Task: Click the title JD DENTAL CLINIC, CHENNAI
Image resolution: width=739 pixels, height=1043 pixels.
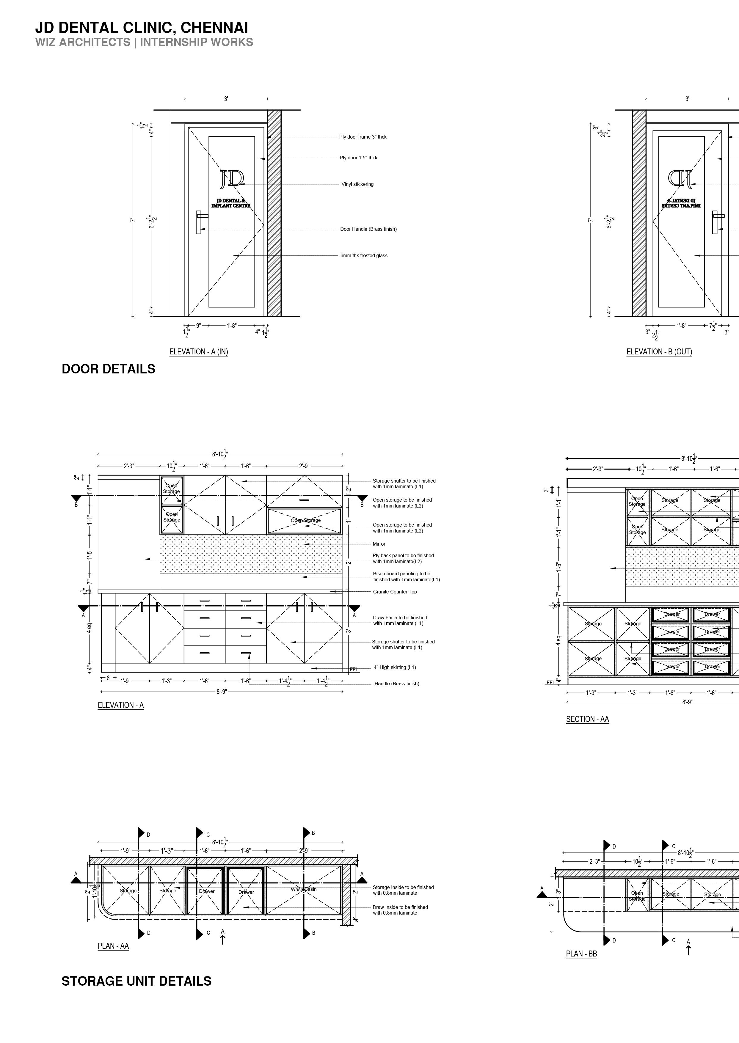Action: [142, 28]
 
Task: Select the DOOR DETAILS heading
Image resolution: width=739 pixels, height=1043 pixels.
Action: [108, 369]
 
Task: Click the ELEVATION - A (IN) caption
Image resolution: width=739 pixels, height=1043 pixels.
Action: [198, 352]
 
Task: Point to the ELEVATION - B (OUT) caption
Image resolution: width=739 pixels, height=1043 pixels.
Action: [659, 352]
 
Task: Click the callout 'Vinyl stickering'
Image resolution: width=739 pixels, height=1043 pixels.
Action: [357, 184]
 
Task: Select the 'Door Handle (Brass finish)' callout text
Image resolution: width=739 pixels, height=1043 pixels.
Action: [368, 229]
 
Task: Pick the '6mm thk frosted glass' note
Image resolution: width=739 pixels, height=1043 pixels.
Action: [364, 256]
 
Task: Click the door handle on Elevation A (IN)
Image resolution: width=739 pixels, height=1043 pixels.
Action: [199, 222]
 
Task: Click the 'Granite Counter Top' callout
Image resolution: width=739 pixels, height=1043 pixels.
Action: [395, 592]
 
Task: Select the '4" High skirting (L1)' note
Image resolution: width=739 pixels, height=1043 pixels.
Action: [395, 667]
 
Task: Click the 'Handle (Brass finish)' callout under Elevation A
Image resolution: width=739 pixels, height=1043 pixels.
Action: [396, 684]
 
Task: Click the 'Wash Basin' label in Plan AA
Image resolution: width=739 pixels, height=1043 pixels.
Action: [304, 889]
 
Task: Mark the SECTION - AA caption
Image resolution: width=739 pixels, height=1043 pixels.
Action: [587, 719]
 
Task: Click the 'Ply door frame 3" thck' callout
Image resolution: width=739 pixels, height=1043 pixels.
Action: [363, 137]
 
